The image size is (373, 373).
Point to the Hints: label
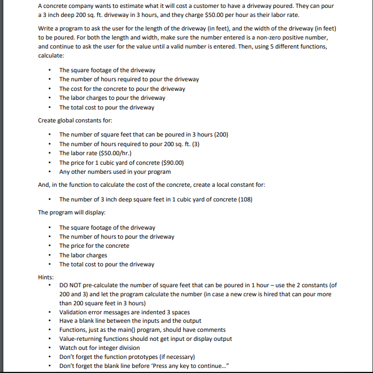coord(46,277)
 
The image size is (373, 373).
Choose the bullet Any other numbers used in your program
coord(115,172)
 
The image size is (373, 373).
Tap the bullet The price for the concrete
coord(94,245)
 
